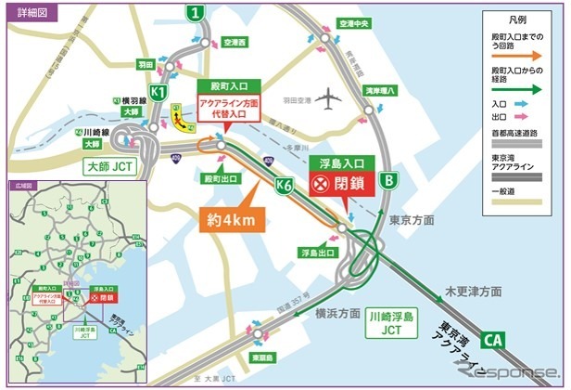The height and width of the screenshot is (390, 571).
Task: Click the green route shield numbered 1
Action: coord(193,13)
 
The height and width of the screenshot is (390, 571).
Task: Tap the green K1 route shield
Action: coord(159,93)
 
